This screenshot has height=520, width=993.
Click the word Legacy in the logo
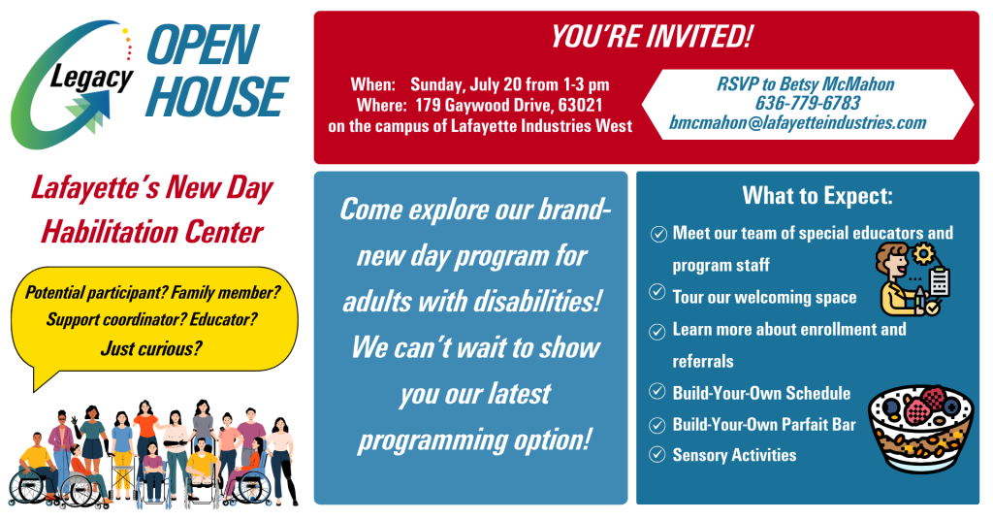pyautogui.click(x=92, y=78)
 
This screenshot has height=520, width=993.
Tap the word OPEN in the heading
pyautogui.click(x=203, y=45)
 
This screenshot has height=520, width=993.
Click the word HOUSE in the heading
pyautogui.click(x=217, y=97)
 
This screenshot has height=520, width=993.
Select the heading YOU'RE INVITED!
pyautogui.click(x=651, y=36)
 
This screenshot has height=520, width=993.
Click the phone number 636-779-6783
pyautogui.click(x=808, y=103)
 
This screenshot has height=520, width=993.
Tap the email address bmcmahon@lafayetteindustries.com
pyautogui.click(x=798, y=123)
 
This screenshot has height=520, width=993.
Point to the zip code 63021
pyautogui.click(x=580, y=105)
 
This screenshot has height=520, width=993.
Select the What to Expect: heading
pyautogui.click(x=817, y=196)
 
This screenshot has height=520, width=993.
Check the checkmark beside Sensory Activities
pyautogui.click(x=657, y=454)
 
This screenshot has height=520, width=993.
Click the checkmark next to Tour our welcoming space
pyautogui.click(x=657, y=292)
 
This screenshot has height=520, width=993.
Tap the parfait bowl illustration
pyautogui.click(x=919, y=429)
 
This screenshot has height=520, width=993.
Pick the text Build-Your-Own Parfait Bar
pyautogui.click(x=764, y=424)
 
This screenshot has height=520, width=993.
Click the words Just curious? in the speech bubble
pyautogui.click(x=151, y=348)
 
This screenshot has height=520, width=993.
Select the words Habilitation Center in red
pyautogui.click(x=152, y=232)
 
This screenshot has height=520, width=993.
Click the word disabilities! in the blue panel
pyautogui.click(x=535, y=302)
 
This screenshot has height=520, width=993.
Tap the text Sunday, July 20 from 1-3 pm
pyautogui.click(x=510, y=84)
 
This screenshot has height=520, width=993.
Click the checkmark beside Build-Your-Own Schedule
pyautogui.click(x=657, y=391)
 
